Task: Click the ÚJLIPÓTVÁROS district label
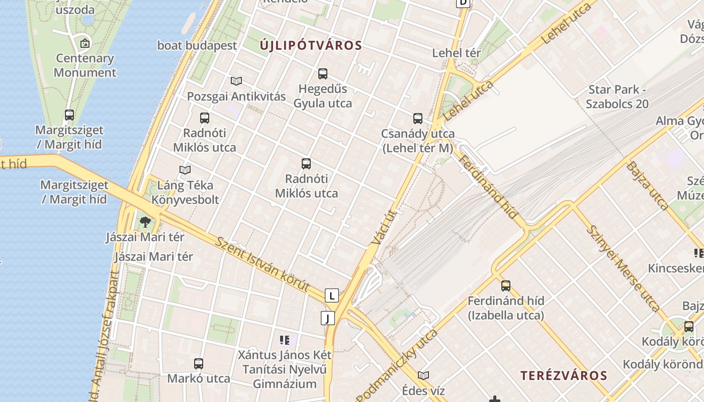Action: (311, 46)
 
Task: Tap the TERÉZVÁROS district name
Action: (564, 375)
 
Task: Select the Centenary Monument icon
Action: (85, 43)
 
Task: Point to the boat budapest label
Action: (197, 45)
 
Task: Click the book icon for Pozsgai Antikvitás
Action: (236, 81)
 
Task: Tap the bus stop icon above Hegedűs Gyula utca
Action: (323, 74)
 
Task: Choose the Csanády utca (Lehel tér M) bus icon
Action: (418, 119)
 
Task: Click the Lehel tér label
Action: (457, 53)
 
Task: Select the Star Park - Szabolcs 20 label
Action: (617, 97)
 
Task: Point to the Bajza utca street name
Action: (648, 185)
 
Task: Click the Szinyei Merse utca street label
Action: (624, 268)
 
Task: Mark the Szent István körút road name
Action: (262, 263)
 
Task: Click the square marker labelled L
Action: (331, 295)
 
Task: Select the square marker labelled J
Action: (327, 318)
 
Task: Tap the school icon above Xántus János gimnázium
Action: (285, 340)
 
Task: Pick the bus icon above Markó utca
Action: (199, 364)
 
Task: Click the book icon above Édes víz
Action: (423, 376)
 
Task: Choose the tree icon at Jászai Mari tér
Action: (145, 222)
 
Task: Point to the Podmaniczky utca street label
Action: (397, 365)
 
